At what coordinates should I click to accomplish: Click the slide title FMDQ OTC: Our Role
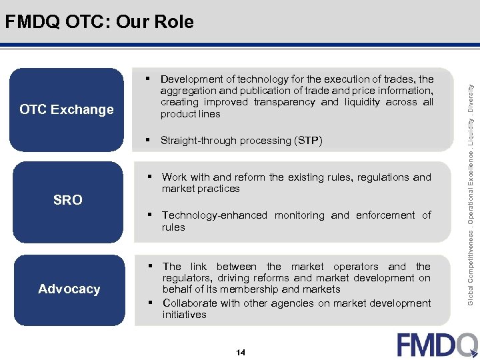(x=99, y=22)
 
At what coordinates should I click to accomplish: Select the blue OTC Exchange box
(x=67, y=109)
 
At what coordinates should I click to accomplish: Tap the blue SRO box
(x=67, y=200)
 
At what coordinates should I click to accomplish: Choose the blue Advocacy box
(x=69, y=289)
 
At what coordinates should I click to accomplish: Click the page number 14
(x=240, y=352)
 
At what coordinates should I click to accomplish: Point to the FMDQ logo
(x=437, y=345)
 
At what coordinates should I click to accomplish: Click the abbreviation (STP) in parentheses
(x=309, y=141)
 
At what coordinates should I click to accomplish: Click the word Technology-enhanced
(x=214, y=215)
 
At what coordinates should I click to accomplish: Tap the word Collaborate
(x=190, y=303)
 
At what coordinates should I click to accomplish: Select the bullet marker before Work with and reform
(x=151, y=177)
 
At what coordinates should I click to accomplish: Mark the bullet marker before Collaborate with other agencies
(x=151, y=303)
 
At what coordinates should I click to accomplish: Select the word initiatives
(x=184, y=315)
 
